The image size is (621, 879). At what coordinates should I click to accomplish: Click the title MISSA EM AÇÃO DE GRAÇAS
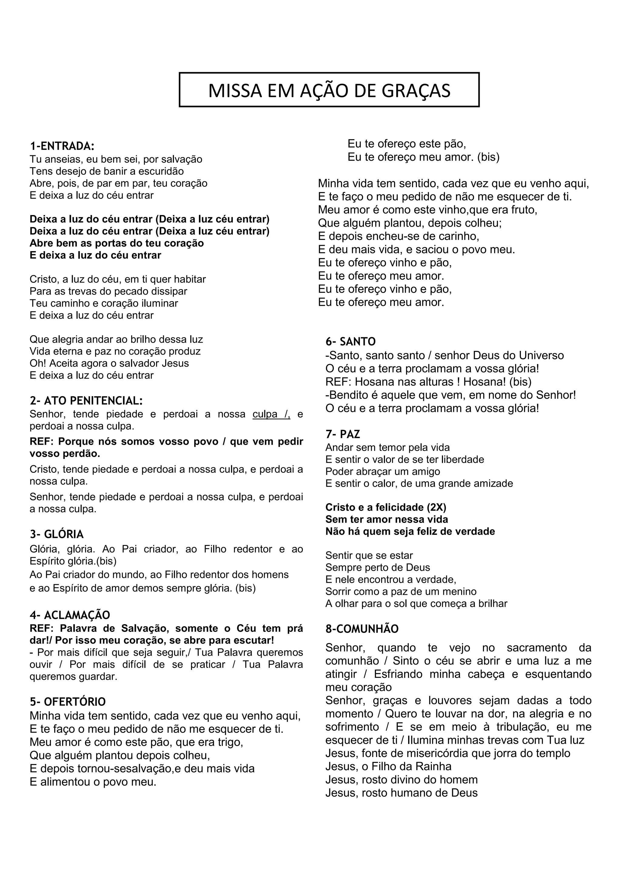pos(329,90)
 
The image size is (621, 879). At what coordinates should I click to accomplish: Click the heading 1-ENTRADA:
pos(62,146)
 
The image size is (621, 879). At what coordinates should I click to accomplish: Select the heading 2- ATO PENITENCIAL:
pos(86,401)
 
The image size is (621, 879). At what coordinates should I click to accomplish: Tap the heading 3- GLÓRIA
pos(57,534)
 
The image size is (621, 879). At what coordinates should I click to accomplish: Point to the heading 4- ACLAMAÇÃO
pos(70,615)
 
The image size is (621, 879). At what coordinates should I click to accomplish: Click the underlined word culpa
pos(265,414)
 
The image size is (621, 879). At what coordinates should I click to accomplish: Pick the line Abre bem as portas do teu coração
pos(117,243)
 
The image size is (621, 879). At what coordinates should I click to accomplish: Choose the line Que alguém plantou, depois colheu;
pos(410,223)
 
